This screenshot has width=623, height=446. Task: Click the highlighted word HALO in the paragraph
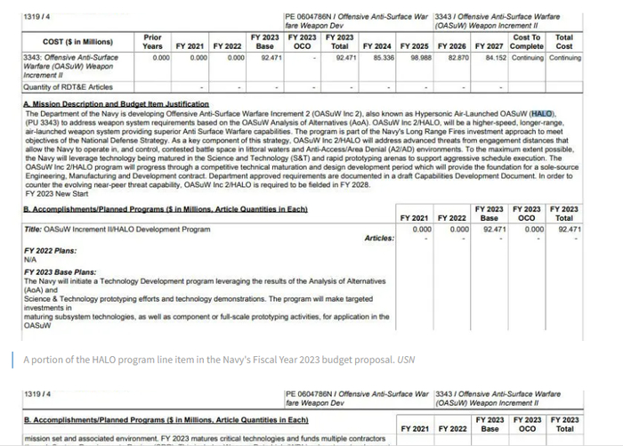(x=541, y=114)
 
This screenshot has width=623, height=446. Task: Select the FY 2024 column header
(x=378, y=45)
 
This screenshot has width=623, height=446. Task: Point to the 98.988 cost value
(x=419, y=58)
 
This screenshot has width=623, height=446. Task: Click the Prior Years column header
(x=153, y=41)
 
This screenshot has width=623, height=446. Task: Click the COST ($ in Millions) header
(x=77, y=42)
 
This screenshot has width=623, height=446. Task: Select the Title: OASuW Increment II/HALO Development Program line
(x=117, y=229)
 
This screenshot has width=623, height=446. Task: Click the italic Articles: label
(x=379, y=239)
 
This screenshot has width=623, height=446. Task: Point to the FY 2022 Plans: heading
(x=50, y=251)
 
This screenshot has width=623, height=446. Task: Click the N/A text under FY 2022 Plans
(x=31, y=259)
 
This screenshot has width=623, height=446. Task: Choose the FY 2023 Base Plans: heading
(x=60, y=272)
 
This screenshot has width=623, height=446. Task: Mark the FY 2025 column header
(x=415, y=45)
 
